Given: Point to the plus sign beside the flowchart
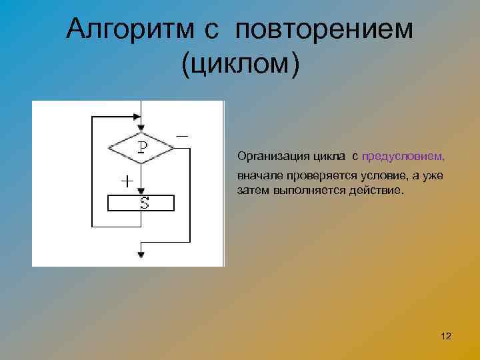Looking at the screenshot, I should [125, 181].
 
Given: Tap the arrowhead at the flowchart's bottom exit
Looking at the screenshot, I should [141, 254].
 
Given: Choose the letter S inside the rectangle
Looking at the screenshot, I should [144, 203].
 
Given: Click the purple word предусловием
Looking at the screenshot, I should [403, 156].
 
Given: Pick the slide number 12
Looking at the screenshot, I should [446, 337].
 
